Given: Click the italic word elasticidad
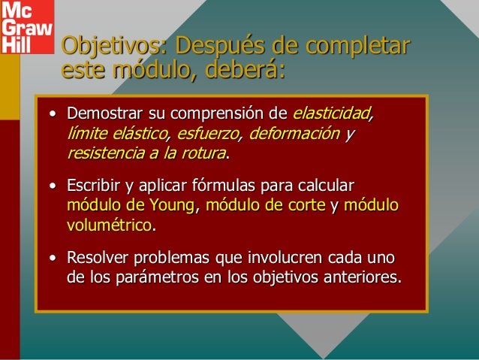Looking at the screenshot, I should coord(333,116).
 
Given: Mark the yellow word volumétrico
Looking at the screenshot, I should coord(109,225).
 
